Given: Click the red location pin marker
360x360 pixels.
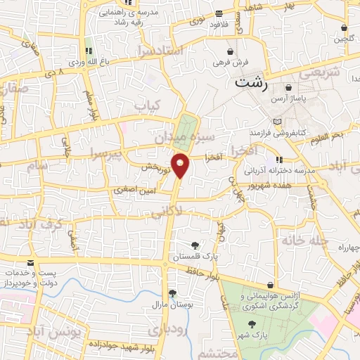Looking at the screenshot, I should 181,165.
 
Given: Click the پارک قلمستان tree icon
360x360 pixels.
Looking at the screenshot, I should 195,245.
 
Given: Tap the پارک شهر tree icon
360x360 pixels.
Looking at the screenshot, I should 252,324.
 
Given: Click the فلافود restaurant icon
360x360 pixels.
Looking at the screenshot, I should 219,13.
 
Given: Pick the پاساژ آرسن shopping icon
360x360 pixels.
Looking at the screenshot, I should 287,89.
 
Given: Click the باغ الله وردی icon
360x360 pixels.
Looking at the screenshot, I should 89,51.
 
